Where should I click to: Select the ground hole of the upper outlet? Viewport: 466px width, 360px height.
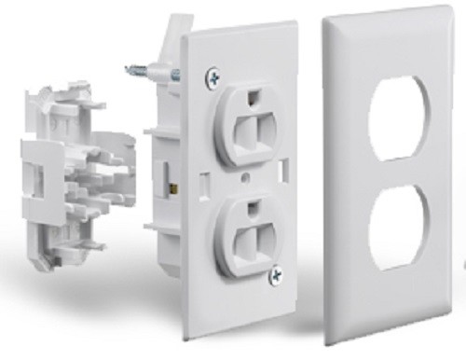click(253, 95)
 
